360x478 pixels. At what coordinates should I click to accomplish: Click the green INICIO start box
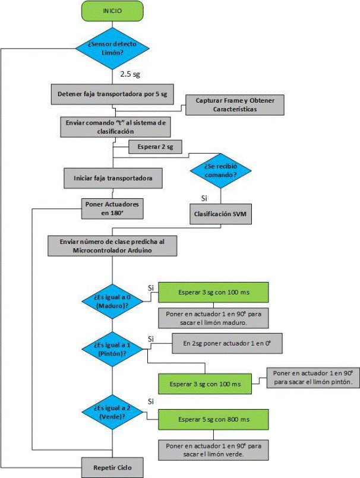[x=112, y=11]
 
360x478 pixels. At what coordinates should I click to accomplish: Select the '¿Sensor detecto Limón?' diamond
[x=112, y=48]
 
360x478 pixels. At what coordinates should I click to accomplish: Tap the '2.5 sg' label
[x=130, y=74]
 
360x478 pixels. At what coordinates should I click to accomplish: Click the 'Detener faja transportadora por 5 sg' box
[x=112, y=94]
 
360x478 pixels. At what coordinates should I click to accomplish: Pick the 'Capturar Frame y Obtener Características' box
[x=235, y=105]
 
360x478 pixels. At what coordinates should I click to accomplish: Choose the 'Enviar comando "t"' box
[x=115, y=127]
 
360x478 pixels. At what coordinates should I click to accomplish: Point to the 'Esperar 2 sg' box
[x=155, y=147]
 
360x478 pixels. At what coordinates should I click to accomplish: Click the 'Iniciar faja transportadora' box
[x=113, y=178]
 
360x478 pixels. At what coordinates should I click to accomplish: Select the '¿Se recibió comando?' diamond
[x=220, y=170]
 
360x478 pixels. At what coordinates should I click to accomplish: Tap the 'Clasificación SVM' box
[x=220, y=214]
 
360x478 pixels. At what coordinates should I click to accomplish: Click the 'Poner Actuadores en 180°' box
[x=112, y=209]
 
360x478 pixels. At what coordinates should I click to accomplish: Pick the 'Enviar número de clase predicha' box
[x=112, y=246]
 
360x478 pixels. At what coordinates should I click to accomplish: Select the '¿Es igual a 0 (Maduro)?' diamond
[x=112, y=302]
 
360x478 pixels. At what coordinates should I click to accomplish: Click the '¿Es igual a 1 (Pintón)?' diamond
[x=112, y=349]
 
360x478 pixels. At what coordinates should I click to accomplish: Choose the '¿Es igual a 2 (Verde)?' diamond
[x=112, y=412]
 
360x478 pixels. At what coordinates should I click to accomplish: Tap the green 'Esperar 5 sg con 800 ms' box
[x=213, y=420]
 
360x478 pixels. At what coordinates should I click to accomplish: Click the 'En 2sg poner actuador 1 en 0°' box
[x=228, y=344]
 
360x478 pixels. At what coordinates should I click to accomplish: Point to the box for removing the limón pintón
[x=313, y=378]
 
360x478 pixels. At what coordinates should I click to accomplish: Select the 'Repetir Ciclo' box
[x=112, y=468]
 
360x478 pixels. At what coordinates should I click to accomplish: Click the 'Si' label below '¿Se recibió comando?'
[x=204, y=198]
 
